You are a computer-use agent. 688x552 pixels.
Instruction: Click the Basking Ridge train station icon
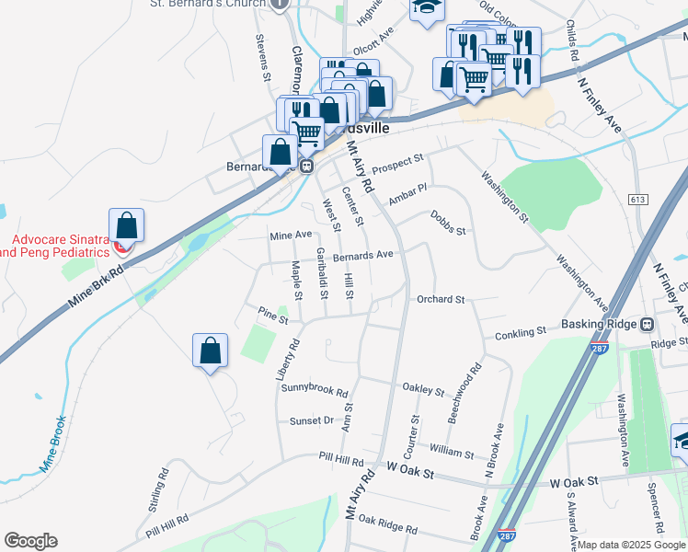(648, 324)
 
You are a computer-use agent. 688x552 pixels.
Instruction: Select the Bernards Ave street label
(363, 254)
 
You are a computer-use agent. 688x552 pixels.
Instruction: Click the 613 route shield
(637, 200)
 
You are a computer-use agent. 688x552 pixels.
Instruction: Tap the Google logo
(30, 541)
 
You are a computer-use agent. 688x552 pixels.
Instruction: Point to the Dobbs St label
(448, 222)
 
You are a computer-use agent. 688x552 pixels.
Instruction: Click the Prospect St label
(397, 163)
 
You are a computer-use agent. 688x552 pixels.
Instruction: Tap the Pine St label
(273, 316)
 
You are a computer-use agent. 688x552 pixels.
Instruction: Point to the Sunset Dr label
(312, 420)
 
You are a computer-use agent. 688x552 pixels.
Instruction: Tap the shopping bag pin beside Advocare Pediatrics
(126, 226)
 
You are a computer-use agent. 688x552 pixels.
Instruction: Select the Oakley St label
(424, 390)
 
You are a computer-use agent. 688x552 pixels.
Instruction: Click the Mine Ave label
(291, 236)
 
